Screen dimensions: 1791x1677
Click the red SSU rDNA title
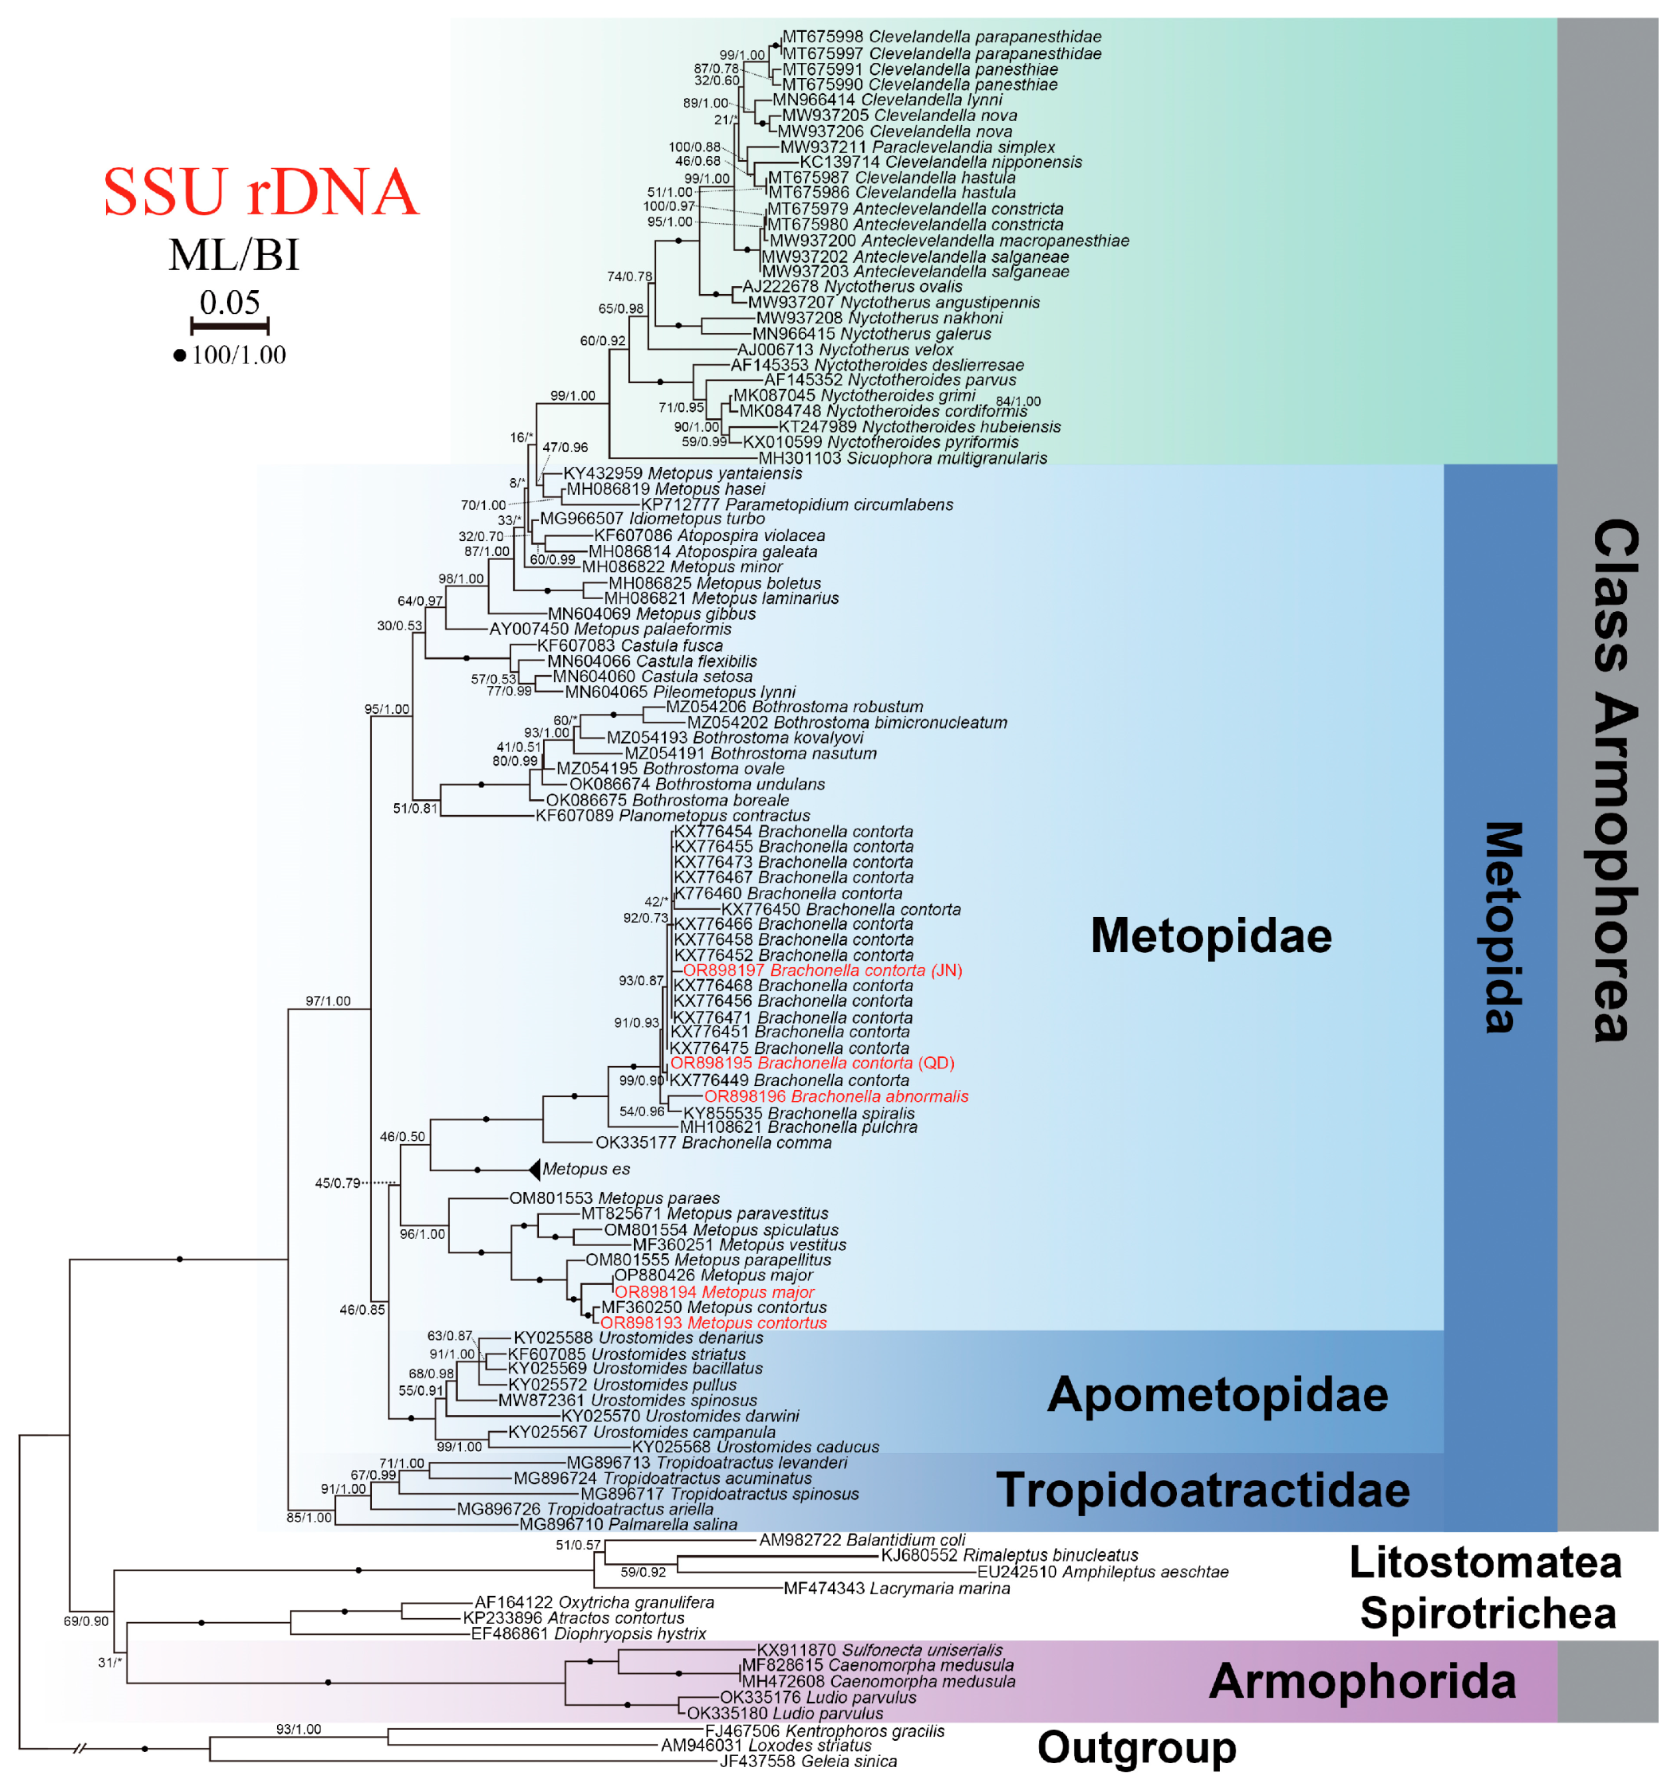click(260, 192)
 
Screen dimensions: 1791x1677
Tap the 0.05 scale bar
click(229, 325)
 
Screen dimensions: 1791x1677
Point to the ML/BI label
click(233, 255)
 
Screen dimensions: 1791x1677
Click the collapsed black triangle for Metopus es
click(534, 1169)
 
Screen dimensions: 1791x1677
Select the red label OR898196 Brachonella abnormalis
click(836, 1096)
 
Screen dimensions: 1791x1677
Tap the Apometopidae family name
click(1217, 1393)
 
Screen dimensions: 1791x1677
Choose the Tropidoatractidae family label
click(1202, 1489)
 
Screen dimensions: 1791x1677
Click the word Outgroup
click(1136, 1748)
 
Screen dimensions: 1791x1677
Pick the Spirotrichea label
click(1487, 1613)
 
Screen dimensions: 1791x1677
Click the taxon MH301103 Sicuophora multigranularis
click(902, 457)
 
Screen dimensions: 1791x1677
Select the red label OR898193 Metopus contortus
click(713, 1323)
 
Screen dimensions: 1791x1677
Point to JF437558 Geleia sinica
click(808, 1762)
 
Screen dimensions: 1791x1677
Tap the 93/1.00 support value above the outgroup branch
click(298, 1729)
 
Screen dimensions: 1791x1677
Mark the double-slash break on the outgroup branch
click(80, 1749)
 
